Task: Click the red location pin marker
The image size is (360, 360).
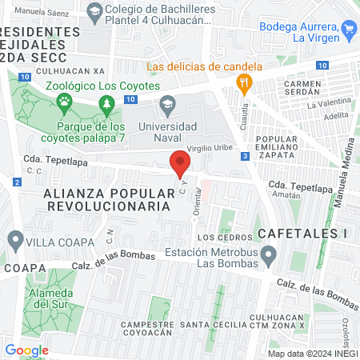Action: tap(180, 166)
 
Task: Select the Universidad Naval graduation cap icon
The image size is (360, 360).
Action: tap(167, 103)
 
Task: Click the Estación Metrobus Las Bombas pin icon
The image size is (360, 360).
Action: tap(269, 256)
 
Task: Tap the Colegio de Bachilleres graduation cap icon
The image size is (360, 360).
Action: tap(94, 11)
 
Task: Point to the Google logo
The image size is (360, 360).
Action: tap(26, 350)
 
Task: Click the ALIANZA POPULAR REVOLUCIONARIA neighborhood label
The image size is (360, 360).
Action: tap(108, 199)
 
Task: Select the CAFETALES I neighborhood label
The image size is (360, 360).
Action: tap(304, 233)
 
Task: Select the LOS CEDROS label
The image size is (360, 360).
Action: tap(218, 238)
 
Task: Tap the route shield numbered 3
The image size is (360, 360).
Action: tap(243, 155)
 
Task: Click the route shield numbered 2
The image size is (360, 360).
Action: tap(18, 182)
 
